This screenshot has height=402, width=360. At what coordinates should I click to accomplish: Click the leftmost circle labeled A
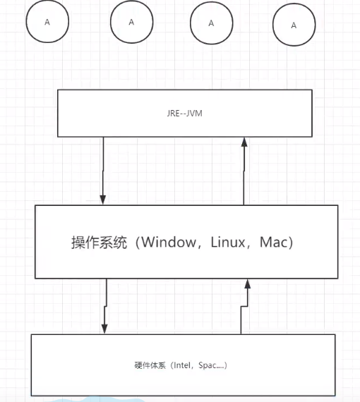[x=47, y=22]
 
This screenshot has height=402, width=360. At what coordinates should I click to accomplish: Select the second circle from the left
[x=131, y=22]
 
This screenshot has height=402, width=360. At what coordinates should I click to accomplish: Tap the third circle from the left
[x=211, y=23]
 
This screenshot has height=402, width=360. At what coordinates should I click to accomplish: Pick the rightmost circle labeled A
[x=294, y=25]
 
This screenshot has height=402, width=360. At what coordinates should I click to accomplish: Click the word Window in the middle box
[x=169, y=242]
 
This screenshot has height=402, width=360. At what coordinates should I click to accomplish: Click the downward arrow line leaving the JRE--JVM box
[x=104, y=166]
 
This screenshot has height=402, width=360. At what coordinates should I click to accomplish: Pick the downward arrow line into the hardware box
[x=105, y=303]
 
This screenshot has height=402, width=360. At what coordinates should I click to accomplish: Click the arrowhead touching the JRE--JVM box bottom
[x=244, y=142]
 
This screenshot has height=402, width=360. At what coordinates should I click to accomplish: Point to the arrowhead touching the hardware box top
[x=104, y=329]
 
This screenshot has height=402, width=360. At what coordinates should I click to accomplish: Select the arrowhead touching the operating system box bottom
[x=248, y=283]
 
